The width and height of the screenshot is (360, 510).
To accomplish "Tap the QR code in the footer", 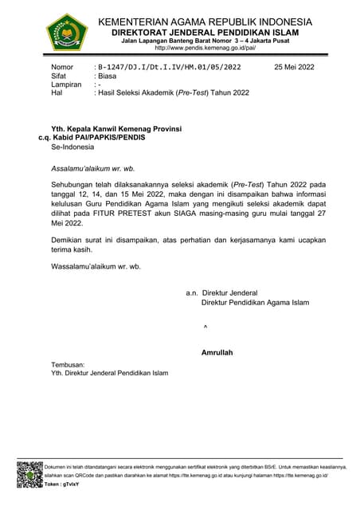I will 29,474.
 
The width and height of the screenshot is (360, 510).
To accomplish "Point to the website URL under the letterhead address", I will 209,48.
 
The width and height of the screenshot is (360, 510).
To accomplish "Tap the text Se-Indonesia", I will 72,148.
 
